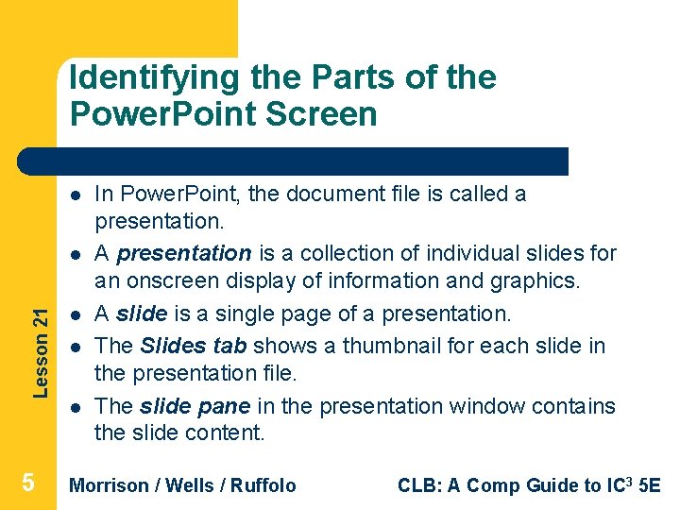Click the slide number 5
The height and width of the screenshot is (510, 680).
[28, 484]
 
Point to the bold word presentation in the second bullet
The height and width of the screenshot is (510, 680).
[184, 253]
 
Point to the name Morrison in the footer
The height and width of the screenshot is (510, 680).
[110, 485]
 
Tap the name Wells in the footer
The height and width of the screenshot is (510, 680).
[187, 485]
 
